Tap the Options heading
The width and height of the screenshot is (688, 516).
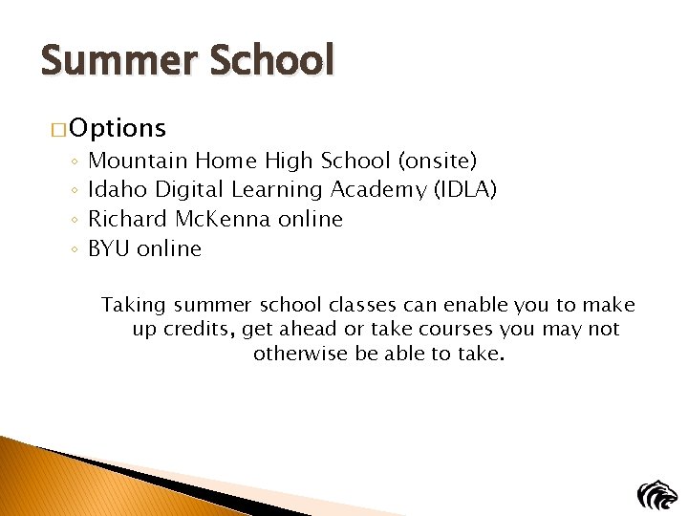click(118, 128)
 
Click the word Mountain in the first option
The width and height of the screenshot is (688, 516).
click(138, 160)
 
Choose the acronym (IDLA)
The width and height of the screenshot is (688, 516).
click(465, 189)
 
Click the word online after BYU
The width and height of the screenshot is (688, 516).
click(169, 248)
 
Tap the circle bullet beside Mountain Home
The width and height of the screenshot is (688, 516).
click(75, 161)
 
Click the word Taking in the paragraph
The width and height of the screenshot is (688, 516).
click(134, 306)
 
